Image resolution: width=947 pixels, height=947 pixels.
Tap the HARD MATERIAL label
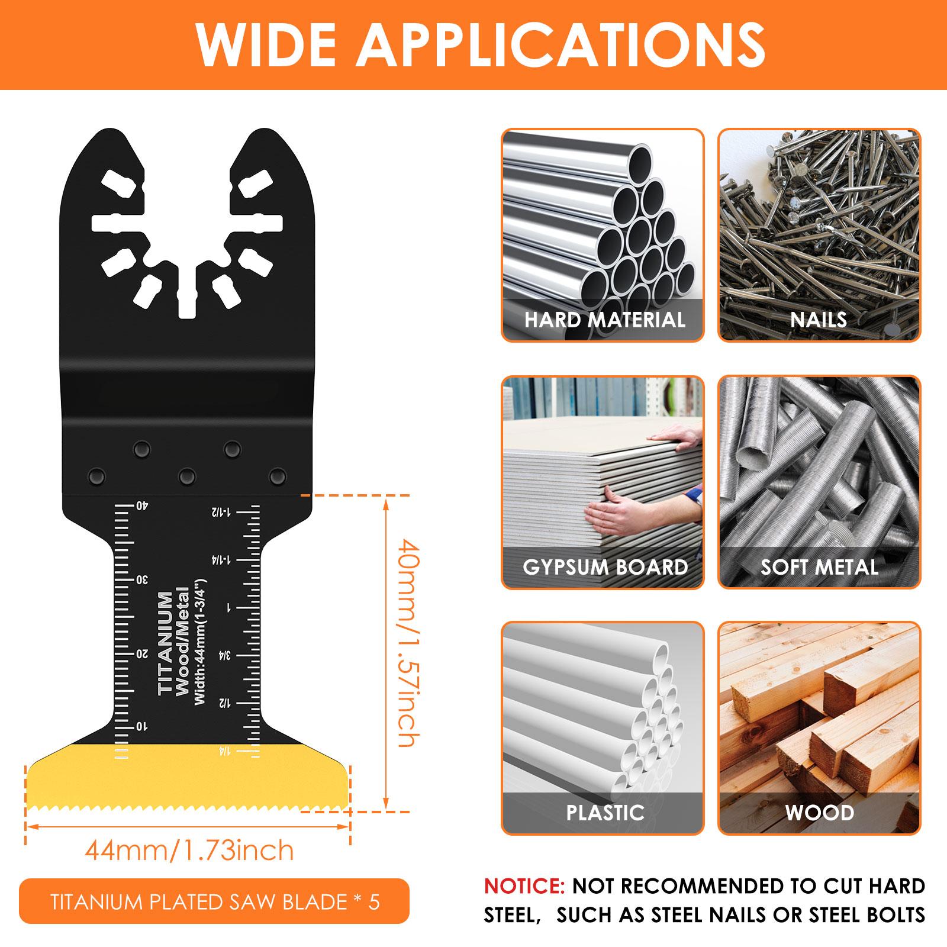[604, 320]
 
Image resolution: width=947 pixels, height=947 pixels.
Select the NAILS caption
[819, 320]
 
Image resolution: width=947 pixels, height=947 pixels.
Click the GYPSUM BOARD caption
[605, 567]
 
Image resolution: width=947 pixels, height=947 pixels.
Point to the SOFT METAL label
[819, 567]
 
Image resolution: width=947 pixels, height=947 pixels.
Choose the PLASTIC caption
[605, 812]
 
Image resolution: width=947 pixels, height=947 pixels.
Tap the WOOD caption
[819, 812]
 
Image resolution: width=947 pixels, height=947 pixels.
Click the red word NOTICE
[524, 886]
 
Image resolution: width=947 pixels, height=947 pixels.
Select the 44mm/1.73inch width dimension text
[189, 851]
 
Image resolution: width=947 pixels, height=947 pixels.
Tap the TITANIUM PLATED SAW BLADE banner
[214, 901]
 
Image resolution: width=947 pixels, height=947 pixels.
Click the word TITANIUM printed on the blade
[166, 642]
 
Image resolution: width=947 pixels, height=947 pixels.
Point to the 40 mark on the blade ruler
[142, 505]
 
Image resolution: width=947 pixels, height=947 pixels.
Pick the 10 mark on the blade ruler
[142, 726]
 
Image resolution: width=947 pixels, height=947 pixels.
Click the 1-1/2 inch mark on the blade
[226, 511]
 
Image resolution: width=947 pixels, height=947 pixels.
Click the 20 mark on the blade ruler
[142, 653]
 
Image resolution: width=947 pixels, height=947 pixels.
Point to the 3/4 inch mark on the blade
[226, 655]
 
